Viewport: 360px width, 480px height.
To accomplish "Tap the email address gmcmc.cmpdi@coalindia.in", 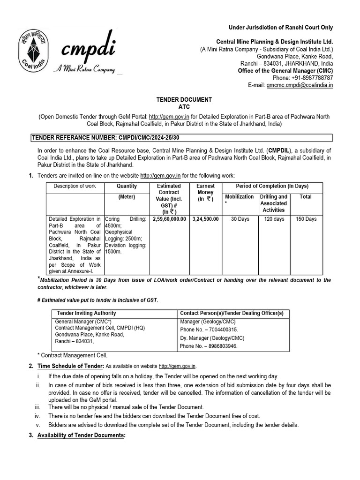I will [300, 85].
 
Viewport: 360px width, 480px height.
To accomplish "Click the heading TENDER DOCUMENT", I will [184, 99].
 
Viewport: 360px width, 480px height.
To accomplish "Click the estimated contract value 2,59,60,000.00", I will [169, 219].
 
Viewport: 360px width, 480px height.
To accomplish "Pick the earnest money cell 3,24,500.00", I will [205, 219].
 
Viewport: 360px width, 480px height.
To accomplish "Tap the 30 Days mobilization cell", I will [240, 219].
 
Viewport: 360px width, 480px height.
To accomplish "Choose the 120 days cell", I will [274, 219].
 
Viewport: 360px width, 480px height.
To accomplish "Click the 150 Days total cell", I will [306, 219].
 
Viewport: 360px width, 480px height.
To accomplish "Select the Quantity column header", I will [126, 186].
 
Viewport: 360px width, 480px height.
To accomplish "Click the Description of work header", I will [75, 186].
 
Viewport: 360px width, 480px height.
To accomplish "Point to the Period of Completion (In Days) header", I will [272, 186].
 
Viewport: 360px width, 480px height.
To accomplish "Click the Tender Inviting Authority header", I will [87, 313].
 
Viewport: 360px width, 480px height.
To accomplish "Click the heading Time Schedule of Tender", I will [70, 366].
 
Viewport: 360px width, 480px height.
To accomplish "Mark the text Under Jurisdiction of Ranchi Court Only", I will [280, 28].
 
